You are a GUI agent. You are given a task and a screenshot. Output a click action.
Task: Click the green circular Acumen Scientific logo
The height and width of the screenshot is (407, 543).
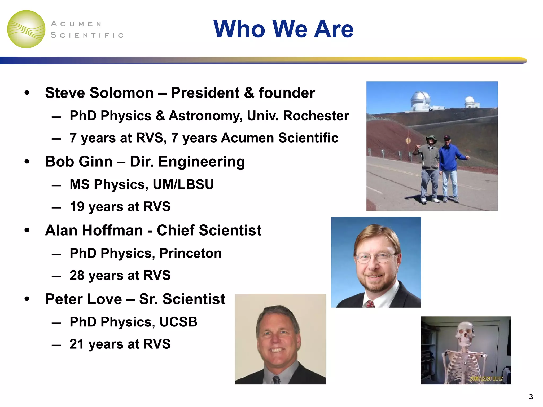26,29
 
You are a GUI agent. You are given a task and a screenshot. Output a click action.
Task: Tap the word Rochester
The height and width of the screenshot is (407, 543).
316,116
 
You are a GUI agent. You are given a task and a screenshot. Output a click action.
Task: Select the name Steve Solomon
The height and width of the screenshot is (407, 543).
99,93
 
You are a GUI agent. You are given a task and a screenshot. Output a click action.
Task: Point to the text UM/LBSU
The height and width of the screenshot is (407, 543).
183,184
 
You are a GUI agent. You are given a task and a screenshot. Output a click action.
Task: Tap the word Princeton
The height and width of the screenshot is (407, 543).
190,253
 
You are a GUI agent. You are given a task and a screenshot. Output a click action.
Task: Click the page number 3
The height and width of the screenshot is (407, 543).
531,397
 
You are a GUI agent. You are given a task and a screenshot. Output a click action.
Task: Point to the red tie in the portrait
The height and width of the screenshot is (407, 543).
370,304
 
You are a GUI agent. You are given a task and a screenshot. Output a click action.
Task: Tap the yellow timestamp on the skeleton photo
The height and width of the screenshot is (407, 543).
486,378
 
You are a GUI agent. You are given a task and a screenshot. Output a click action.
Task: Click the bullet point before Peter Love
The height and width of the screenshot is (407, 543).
27,299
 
